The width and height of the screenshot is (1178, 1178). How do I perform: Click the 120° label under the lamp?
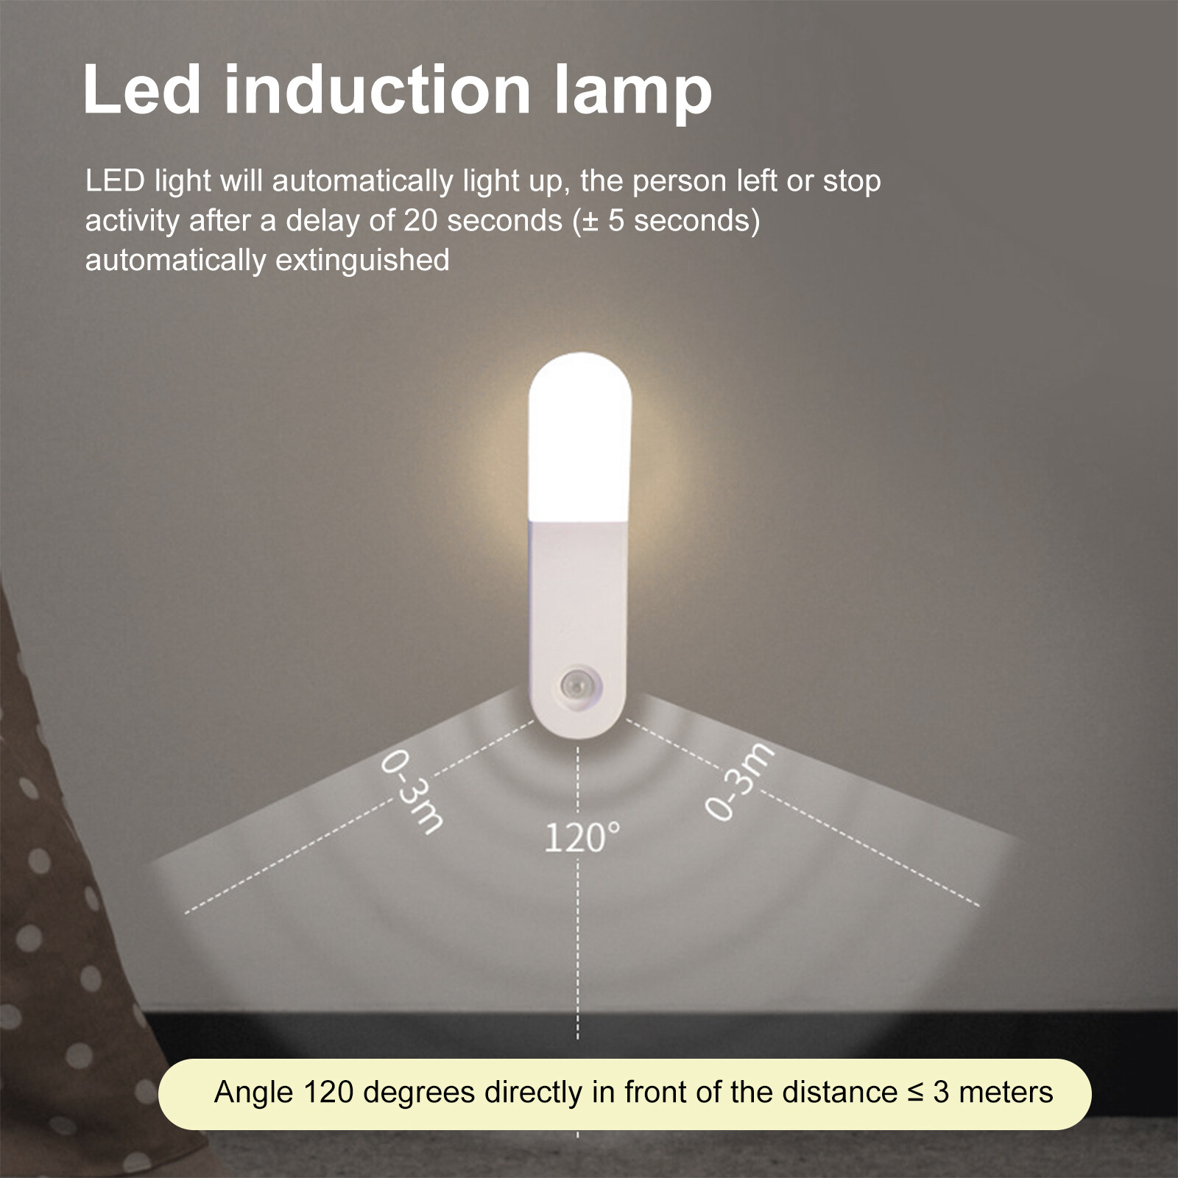click(582, 837)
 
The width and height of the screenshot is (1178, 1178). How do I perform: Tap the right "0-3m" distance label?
click(740, 780)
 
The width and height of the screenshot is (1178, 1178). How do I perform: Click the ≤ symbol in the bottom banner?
click(915, 1092)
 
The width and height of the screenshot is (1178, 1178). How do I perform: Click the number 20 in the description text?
click(420, 221)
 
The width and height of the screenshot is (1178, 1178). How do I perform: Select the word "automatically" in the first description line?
click(361, 181)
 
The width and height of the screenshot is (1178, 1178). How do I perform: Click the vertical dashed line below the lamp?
click(578, 957)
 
